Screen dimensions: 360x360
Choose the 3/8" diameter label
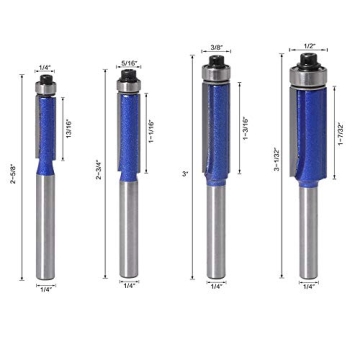[215, 47]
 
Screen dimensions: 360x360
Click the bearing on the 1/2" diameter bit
[307, 75]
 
